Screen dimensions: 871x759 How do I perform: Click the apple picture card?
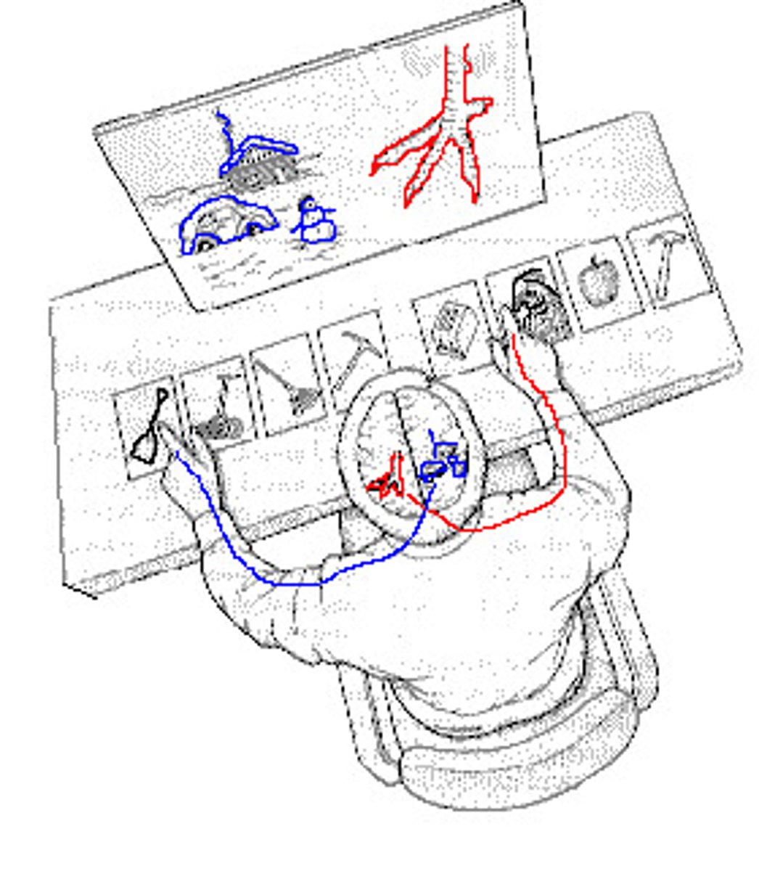(595, 279)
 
